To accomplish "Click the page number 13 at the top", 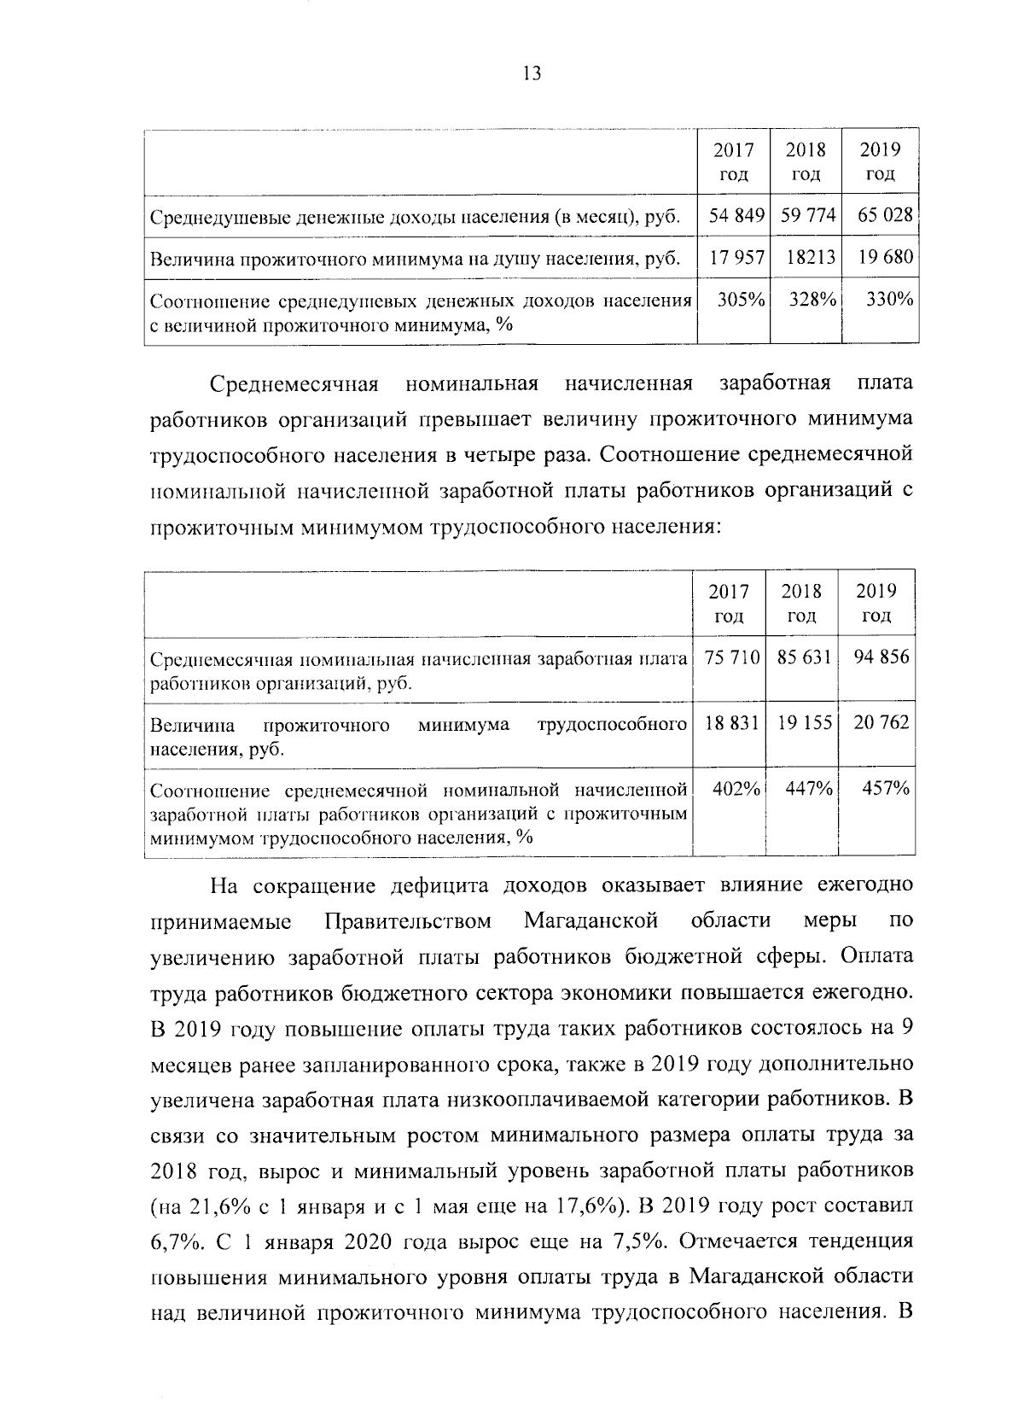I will point(530,73).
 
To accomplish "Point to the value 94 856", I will point(881,657).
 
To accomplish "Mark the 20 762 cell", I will point(881,723).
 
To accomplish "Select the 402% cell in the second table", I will point(736,790).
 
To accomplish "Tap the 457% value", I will point(886,790).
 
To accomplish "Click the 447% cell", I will point(810,790).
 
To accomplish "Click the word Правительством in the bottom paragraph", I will point(409,922).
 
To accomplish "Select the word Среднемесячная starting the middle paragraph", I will point(294,383).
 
